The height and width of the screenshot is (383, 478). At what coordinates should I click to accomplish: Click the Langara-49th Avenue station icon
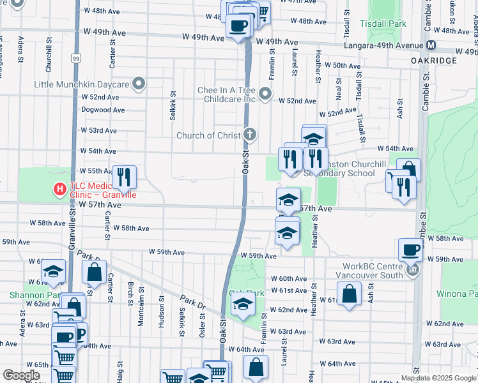tap(431, 45)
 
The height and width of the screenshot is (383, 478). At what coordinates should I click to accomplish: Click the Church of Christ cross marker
tap(250, 135)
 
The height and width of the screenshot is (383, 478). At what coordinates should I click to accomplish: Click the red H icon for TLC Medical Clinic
tap(59, 190)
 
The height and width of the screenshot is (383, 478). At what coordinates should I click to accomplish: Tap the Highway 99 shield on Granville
tap(76, 59)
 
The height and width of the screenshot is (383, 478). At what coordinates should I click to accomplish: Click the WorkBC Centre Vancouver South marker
tap(413, 270)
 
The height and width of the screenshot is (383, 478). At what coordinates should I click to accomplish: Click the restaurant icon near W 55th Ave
tap(125, 176)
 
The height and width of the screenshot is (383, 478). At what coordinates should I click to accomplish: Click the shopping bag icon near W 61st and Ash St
tap(350, 295)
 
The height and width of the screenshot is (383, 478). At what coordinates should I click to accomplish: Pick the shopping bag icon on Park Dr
tap(95, 271)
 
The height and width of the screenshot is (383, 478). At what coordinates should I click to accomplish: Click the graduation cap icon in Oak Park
tap(243, 306)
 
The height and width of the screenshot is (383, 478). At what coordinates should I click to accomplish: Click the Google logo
tap(21, 375)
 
